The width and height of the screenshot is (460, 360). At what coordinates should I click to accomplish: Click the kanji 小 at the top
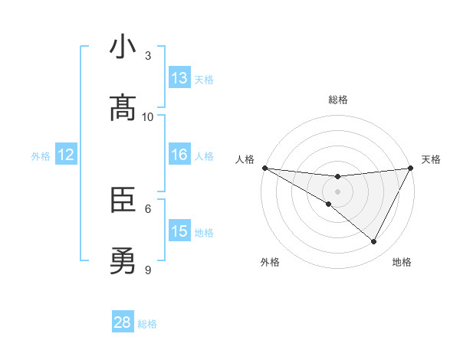pos(123,48)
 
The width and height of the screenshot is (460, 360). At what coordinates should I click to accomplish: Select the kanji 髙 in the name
pos(123,109)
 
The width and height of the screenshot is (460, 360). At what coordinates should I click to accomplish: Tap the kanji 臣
pos(123,201)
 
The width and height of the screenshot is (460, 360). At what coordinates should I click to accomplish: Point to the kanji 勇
pos(123,262)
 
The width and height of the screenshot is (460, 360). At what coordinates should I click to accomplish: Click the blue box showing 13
pos(179,78)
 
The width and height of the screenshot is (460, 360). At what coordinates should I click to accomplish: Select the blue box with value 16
pos(179,155)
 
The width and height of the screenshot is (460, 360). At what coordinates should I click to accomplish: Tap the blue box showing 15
pos(179,232)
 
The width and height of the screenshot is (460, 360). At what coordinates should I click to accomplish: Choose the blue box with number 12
pos(66,155)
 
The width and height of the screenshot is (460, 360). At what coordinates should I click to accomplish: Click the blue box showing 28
pos(123,322)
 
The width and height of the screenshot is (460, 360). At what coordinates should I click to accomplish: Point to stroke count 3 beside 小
pos(148,55)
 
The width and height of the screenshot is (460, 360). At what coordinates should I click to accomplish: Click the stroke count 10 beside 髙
pos(148,116)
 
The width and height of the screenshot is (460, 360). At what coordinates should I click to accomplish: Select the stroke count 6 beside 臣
pos(148,208)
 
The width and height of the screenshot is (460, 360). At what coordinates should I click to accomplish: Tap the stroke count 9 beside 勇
pos(148,270)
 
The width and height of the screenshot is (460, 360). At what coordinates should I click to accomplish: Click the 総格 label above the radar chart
pos(337,100)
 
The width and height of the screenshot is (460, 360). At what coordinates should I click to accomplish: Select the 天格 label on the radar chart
pos(431,159)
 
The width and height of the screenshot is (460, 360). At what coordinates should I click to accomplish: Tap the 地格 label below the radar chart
pos(402,262)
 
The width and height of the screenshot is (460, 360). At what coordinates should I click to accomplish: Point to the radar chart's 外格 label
pos(270,262)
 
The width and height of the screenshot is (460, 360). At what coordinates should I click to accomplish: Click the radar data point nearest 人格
pos(264,168)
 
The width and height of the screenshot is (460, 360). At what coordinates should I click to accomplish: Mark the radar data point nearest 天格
pos(410,168)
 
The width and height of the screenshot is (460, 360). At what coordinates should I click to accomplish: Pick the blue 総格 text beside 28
pos(147,324)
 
